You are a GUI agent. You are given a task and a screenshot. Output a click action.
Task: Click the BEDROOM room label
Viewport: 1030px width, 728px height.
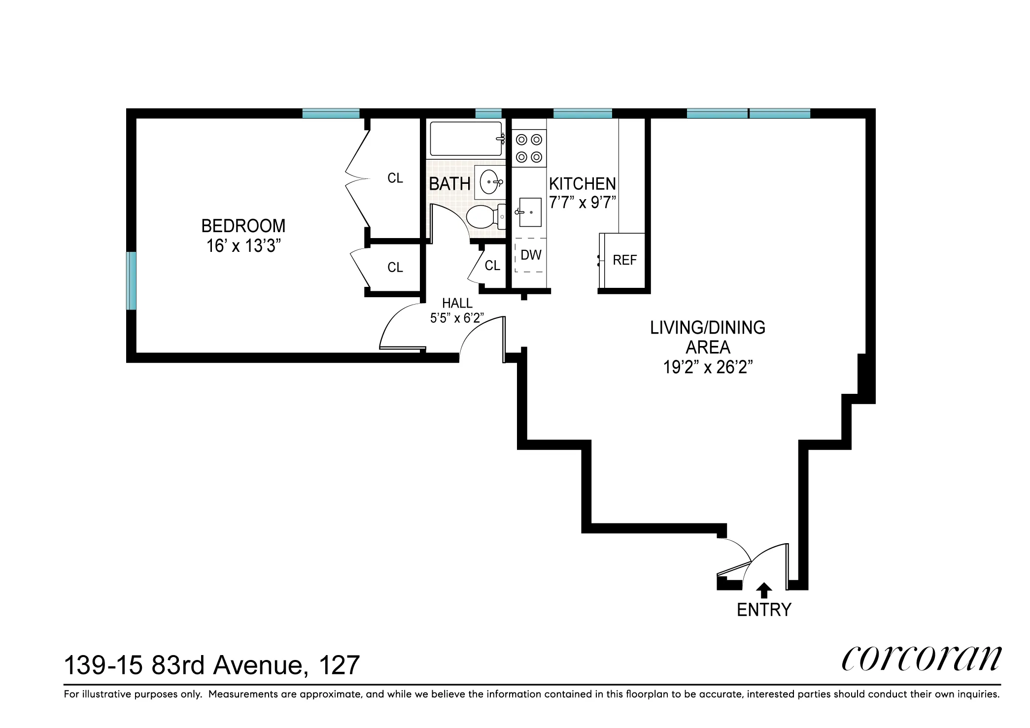pyautogui.click(x=243, y=226)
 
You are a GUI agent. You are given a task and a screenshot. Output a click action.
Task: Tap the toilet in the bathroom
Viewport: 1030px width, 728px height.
pyautogui.click(x=483, y=217)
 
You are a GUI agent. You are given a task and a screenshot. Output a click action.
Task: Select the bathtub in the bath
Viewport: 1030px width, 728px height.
pyautogui.click(x=466, y=139)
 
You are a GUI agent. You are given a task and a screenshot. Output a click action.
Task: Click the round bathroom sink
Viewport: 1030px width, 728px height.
pyautogui.click(x=489, y=182)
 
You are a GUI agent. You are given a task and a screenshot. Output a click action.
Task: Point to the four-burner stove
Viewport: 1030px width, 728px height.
pyautogui.click(x=529, y=148)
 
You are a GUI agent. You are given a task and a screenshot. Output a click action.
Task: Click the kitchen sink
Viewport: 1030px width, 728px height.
pyautogui.click(x=530, y=212)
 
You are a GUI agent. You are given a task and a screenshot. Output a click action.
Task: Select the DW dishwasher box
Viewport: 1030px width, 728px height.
pyautogui.click(x=530, y=255)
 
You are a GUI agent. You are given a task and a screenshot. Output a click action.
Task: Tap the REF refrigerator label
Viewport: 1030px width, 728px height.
pyautogui.click(x=624, y=260)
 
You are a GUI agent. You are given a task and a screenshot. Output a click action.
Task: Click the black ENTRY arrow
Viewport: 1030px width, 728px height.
pyautogui.click(x=764, y=590)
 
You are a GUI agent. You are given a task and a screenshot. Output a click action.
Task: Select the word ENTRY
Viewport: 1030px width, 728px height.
pyautogui.click(x=764, y=610)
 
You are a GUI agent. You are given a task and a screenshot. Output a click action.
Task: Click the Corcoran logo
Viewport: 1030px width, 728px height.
pyautogui.click(x=921, y=659)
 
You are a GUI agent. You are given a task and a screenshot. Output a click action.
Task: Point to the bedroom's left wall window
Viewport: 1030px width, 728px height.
pyautogui.click(x=131, y=280)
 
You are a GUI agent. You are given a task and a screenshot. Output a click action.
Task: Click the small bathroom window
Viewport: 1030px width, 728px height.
pyautogui.click(x=488, y=113)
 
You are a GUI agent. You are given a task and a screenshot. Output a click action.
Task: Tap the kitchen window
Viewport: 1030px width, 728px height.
pyautogui.click(x=582, y=113)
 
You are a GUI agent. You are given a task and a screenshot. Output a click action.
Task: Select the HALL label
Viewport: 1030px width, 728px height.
pyautogui.click(x=457, y=303)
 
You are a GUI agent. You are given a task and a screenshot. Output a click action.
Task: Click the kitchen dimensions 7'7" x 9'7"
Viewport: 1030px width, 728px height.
pyautogui.click(x=583, y=203)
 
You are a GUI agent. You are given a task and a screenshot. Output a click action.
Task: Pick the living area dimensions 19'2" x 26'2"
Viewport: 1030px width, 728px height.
pyautogui.click(x=708, y=367)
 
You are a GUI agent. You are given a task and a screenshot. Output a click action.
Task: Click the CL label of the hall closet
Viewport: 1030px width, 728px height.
pyautogui.click(x=492, y=266)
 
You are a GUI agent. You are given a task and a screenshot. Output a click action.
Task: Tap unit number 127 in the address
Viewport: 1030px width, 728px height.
pyautogui.click(x=339, y=665)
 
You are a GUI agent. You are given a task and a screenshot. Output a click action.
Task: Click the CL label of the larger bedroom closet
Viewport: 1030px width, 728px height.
pyautogui.click(x=395, y=178)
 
